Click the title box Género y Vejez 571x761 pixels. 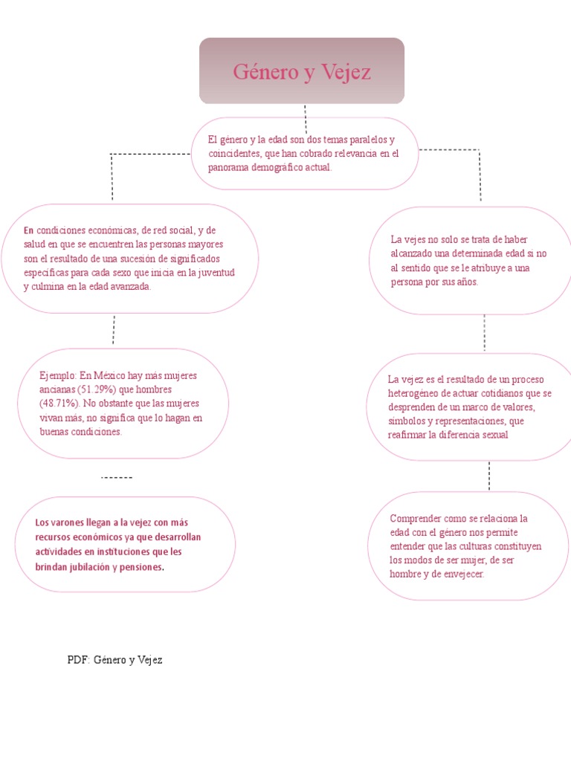point(301,71)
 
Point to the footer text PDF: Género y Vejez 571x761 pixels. point(114,660)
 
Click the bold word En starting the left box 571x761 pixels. point(29,230)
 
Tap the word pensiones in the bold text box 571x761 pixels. point(140,566)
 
